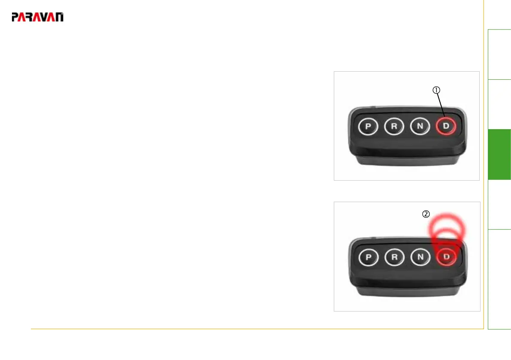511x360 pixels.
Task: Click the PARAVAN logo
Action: (x=38, y=17)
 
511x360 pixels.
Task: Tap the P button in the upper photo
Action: (x=368, y=127)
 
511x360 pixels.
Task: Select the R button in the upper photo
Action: (x=393, y=127)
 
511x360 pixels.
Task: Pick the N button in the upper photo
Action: (x=420, y=127)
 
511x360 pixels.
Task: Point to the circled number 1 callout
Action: (x=435, y=90)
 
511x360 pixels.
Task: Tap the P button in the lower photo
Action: (x=368, y=257)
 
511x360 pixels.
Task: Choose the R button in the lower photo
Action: (x=393, y=257)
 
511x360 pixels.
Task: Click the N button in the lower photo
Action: (x=420, y=257)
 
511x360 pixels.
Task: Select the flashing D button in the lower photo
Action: (x=446, y=257)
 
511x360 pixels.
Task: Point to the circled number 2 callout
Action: (x=426, y=214)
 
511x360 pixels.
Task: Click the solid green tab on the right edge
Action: (x=499, y=154)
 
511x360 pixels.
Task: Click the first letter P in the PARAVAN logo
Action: (x=15, y=18)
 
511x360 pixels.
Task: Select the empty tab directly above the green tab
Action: (x=499, y=104)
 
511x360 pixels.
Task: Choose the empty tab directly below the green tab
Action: (x=499, y=205)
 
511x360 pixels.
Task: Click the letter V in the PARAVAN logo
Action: (x=44, y=18)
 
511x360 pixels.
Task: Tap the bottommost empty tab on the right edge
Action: (x=499, y=279)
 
